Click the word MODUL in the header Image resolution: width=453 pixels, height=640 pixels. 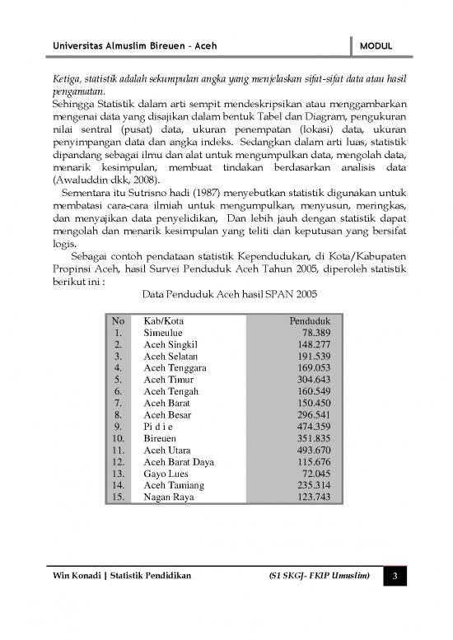375,46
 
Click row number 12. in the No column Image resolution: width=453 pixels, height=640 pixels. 119,463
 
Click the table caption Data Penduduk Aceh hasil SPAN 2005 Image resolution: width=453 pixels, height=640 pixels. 226,294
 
